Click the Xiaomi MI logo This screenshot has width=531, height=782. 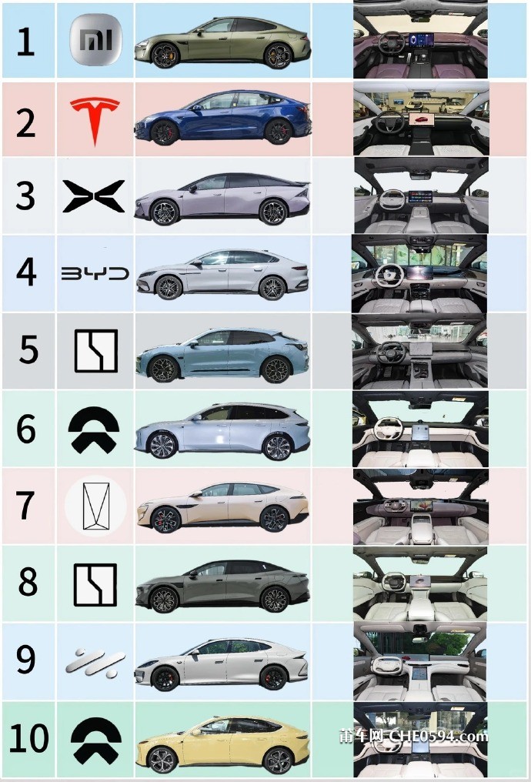pyautogui.click(x=95, y=40)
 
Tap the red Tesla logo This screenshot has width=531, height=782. pyautogui.click(x=95, y=119)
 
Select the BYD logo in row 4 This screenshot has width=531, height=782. pyautogui.click(x=95, y=274)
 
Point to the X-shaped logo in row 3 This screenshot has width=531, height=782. pyautogui.click(x=94, y=195)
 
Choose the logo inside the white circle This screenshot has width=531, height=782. pyautogui.click(x=95, y=506)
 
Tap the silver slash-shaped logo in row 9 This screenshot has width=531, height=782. pyautogui.click(x=95, y=661)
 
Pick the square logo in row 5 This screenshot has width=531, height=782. pyautogui.click(x=95, y=351)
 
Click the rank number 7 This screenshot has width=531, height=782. pyautogui.click(x=26, y=505)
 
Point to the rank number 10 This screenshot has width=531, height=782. pyautogui.click(x=28, y=739)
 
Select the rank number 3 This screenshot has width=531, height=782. pyautogui.click(x=25, y=196)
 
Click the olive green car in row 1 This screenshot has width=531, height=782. pyautogui.click(x=222, y=42)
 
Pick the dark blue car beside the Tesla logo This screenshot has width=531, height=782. pyautogui.click(x=222, y=119)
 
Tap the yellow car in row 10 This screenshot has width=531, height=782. pyautogui.click(x=222, y=744)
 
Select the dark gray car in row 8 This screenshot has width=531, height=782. pyautogui.click(x=222, y=587)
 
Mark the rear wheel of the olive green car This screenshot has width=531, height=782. pyautogui.click(x=277, y=55)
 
